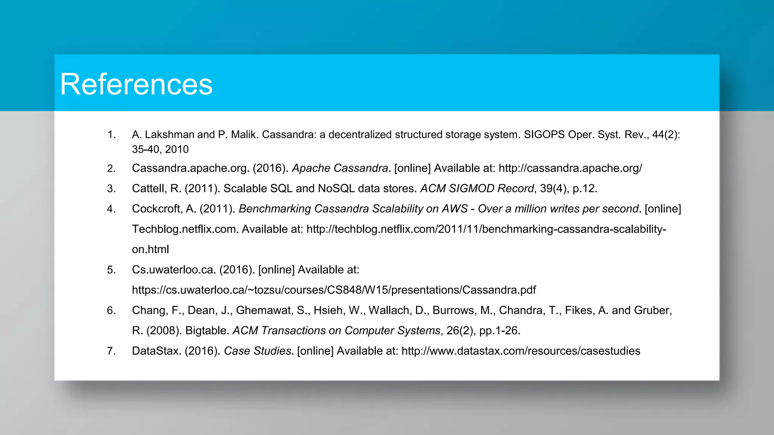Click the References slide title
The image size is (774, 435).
(x=136, y=84)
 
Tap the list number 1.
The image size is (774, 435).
(x=111, y=134)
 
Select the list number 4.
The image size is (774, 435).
(x=111, y=209)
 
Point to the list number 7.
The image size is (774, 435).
(x=111, y=351)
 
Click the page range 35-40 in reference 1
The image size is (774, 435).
(x=146, y=150)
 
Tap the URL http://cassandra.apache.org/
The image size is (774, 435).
(x=570, y=168)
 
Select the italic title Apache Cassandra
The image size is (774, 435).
(x=340, y=168)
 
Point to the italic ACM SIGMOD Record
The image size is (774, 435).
(x=477, y=188)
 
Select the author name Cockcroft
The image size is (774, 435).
(x=156, y=209)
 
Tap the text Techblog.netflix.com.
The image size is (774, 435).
(x=184, y=229)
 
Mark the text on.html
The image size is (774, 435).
(x=150, y=250)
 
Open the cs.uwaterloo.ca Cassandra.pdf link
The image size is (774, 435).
(x=334, y=290)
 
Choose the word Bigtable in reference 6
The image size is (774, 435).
(x=207, y=331)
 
